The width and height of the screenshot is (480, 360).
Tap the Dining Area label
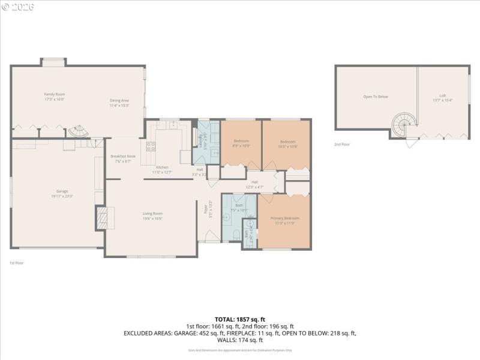point(119,103)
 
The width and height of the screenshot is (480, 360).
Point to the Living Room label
point(152,216)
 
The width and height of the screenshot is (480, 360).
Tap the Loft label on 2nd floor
point(443,98)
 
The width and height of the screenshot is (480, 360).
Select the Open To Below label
point(376,97)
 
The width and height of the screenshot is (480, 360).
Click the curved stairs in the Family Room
point(77,131)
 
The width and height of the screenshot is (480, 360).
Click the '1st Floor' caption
point(16,263)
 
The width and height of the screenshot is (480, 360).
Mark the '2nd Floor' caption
point(342,145)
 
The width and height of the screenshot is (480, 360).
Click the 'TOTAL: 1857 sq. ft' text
point(239,319)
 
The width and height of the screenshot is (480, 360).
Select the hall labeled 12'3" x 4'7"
point(254,184)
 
